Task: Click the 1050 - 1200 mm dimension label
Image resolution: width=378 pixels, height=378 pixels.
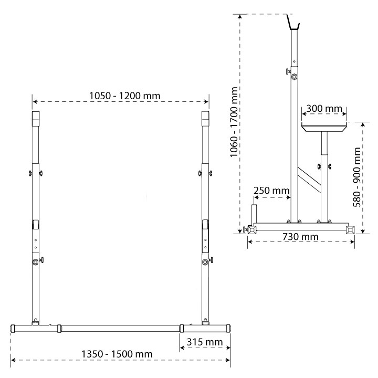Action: click(x=124, y=96)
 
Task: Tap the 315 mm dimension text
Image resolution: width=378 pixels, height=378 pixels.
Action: click(x=204, y=342)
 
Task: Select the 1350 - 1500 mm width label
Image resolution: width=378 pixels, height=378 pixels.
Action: click(x=117, y=354)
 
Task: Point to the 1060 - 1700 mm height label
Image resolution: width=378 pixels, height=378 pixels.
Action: click(x=234, y=122)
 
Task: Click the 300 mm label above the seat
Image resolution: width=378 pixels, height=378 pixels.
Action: click(x=324, y=109)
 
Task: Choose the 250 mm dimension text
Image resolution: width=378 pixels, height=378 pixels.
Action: click(x=271, y=191)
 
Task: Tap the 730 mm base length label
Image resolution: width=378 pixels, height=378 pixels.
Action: click(x=300, y=237)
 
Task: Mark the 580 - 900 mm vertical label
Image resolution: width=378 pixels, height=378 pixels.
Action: click(x=356, y=177)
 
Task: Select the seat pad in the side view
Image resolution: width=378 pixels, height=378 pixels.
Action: click(x=324, y=127)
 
